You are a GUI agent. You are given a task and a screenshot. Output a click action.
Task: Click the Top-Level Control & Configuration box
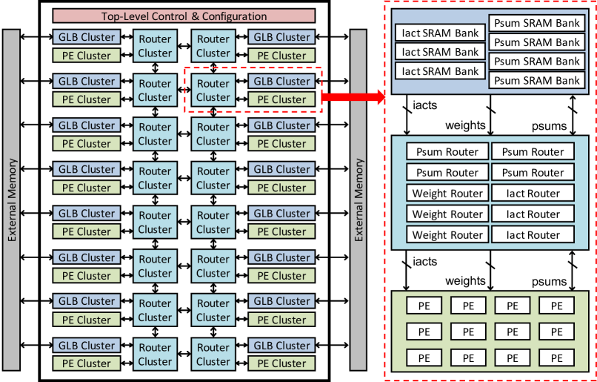coord(184,16)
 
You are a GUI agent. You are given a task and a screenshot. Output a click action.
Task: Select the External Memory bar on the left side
coord(12,200)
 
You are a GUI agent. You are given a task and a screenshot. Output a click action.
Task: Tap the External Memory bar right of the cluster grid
coord(358,200)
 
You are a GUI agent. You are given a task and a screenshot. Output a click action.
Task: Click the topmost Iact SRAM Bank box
coord(440,33)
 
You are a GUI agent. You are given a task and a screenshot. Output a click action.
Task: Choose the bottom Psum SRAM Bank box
coord(537,80)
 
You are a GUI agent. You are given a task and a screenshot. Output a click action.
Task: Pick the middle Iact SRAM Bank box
coord(440,52)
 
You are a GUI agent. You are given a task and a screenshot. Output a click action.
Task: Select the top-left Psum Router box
coord(446,152)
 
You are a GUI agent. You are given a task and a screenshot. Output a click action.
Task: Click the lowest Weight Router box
coord(446,235)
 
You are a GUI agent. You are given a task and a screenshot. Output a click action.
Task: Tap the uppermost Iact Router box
coord(533,194)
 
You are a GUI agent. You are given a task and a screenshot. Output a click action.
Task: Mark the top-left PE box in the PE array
coord(424,306)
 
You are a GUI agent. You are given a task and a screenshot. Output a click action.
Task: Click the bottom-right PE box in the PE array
coord(556,358)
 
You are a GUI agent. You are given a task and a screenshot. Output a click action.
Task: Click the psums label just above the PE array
coord(548,282)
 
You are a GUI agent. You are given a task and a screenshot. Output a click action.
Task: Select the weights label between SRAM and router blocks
coord(465,125)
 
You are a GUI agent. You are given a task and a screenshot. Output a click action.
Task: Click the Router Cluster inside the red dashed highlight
coord(213,90)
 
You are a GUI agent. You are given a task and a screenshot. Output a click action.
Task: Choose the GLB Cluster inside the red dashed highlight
coord(282,82)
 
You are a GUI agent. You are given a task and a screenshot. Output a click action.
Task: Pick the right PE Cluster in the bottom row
coord(282,363)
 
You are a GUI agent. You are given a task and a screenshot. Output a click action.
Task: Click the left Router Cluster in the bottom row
coord(155,355)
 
